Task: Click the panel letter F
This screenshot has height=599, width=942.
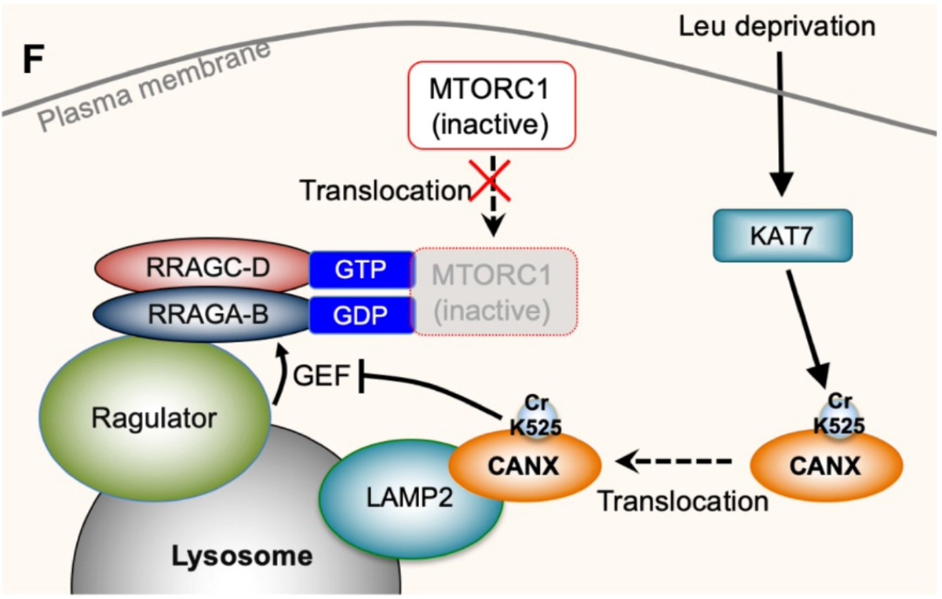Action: pyautogui.click(x=32, y=61)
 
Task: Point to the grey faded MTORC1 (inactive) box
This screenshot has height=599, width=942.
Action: pyautogui.click(x=492, y=292)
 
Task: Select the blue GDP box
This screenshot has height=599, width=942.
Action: pyautogui.click(x=360, y=315)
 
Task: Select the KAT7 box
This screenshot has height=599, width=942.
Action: pyautogui.click(x=782, y=236)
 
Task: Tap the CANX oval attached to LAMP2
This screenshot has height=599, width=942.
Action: pyautogui.click(x=524, y=469)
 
